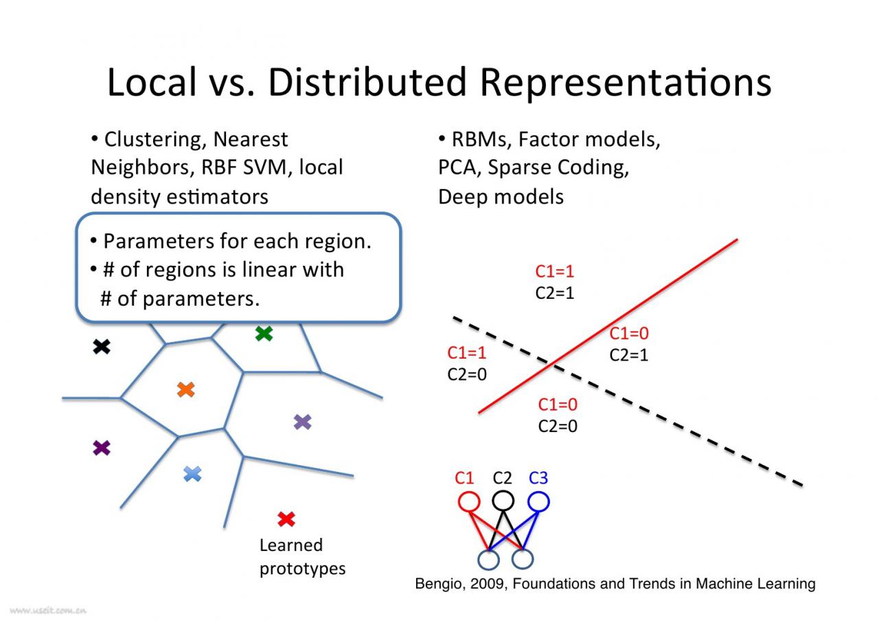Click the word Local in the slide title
point(152,82)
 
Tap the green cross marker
point(264,334)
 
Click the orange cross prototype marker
point(185,390)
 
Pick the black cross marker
point(102,347)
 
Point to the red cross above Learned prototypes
point(286,519)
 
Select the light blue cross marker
point(193,473)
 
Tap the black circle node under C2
point(503,501)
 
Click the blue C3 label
point(538,478)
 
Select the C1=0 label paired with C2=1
point(629,334)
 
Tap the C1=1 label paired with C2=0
point(467,353)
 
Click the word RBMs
point(480,139)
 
